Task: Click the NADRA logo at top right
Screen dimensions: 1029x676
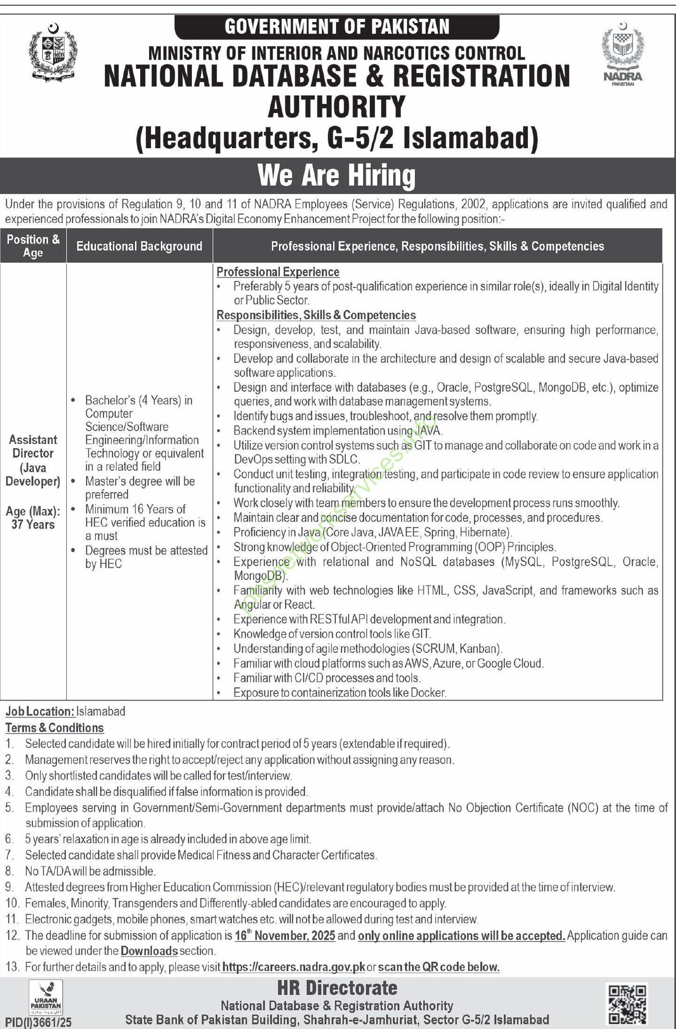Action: coord(623,55)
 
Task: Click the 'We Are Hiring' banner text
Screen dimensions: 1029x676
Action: coord(337,175)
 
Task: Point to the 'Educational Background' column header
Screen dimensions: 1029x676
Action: coord(139,246)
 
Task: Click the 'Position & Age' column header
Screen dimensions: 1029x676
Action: coord(33,246)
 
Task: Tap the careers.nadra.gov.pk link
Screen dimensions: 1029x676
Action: coord(293,967)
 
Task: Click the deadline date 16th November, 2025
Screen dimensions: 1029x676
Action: coord(285,935)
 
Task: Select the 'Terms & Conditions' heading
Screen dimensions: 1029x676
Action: coord(55,728)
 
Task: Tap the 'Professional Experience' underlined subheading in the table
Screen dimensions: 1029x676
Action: coord(278,272)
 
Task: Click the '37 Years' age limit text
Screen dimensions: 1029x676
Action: coord(33,524)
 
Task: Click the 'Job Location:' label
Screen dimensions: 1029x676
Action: coord(40,711)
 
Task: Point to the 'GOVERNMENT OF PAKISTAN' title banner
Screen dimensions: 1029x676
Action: coord(337,27)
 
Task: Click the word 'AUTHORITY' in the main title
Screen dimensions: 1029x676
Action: coord(337,106)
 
